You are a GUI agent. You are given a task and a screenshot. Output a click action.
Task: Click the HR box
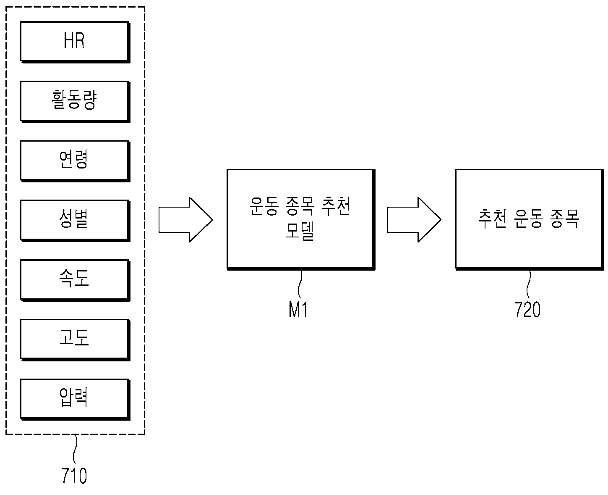pos(76,42)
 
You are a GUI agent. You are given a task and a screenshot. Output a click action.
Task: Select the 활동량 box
pos(76,102)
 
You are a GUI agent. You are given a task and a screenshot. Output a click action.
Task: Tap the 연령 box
pos(76,161)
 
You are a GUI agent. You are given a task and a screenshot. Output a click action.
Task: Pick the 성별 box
pos(76,221)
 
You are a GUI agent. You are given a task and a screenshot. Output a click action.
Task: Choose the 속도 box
pos(76,280)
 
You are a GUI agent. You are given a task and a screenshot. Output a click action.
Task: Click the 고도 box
pos(76,340)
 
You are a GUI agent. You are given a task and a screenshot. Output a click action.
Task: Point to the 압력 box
pos(76,400)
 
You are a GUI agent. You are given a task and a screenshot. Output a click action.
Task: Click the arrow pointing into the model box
pos(185,219)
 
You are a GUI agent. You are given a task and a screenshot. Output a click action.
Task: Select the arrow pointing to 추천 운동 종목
pos(414,219)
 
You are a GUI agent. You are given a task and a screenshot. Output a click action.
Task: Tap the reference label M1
pos(298,310)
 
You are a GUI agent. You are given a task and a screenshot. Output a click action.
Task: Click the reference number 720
pos(527,310)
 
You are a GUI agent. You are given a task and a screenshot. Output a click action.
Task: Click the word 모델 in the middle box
pos(300,231)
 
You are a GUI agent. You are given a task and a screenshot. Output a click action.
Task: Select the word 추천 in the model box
pos(336,206)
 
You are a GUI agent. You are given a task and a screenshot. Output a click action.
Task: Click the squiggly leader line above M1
pos(300,284)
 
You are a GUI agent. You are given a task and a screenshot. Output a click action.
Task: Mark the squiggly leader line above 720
pos(529,284)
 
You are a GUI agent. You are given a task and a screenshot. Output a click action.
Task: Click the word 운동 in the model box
pos(264,206)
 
